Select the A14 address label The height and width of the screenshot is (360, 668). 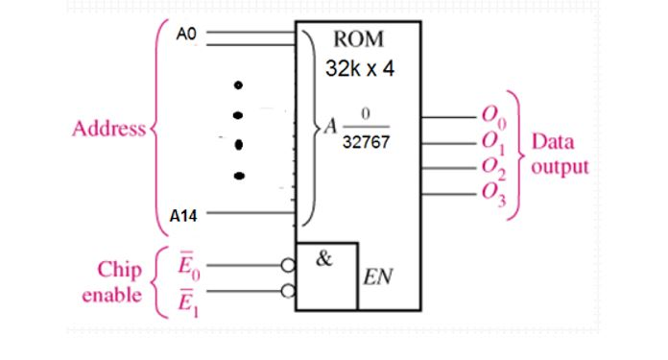coord(183,217)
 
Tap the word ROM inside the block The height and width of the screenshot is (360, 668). coord(358,40)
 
